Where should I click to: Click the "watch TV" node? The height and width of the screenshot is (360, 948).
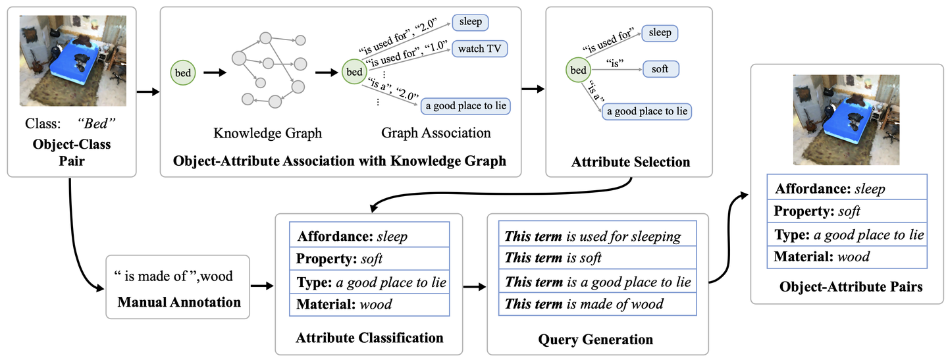[479, 49]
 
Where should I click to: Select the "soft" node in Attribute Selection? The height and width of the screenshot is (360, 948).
[661, 69]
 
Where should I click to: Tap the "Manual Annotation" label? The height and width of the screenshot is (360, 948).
[179, 302]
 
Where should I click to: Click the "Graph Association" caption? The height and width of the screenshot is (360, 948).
[436, 133]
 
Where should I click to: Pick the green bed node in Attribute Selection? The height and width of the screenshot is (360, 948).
[578, 70]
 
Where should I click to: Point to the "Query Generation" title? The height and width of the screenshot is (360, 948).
[595, 340]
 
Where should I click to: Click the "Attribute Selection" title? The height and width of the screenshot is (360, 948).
[631, 162]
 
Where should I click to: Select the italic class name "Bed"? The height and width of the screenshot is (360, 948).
[97, 124]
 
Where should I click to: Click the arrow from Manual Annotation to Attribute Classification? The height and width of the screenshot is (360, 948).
[262, 286]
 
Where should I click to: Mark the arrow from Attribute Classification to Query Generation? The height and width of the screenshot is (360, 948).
[475, 287]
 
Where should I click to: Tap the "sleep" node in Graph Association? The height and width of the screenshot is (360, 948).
[470, 22]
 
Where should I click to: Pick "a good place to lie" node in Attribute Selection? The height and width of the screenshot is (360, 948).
[646, 111]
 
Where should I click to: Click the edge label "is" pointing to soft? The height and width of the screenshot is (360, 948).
[614, 63]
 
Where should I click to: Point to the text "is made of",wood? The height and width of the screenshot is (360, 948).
[174, 276]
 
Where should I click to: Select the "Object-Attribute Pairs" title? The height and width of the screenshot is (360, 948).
[851, 287]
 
